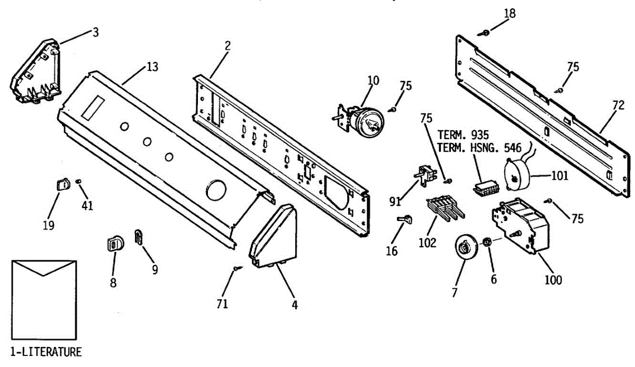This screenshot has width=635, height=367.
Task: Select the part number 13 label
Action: tap(152, 67)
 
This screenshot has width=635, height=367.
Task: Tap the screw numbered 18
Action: tap(485, 33)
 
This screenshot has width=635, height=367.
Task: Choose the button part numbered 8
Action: tap(114, 243)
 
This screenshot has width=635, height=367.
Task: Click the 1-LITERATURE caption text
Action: tap(46, 352)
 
